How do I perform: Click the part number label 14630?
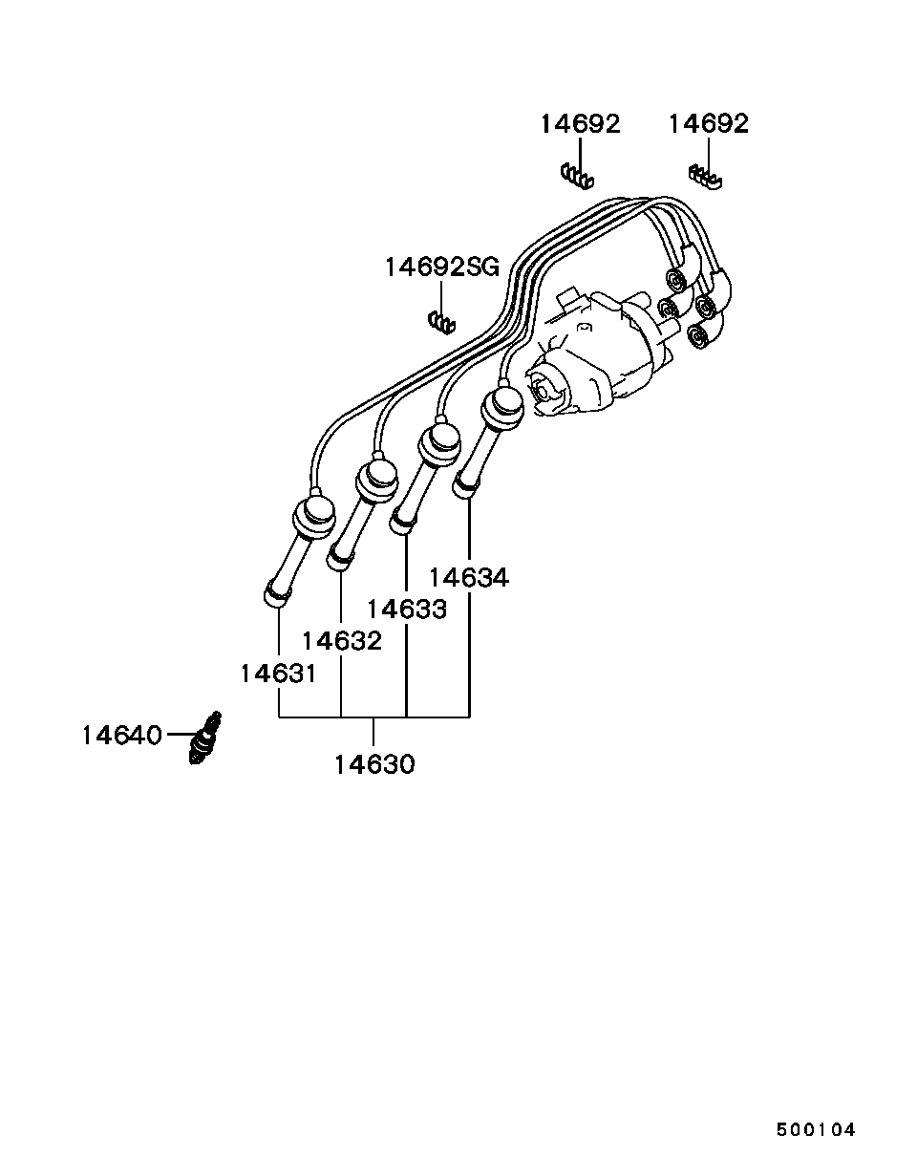(374, 764)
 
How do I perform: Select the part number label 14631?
(277, 673)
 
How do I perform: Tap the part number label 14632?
(341, 640)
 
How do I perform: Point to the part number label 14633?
(406, 609)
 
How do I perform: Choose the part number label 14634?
(468, 577)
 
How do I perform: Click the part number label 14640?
(121, 735)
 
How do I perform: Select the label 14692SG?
(441, 267)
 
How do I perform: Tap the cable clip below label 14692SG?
(440, 322)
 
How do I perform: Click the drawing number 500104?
(815, 1129)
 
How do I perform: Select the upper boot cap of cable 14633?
(440, 442)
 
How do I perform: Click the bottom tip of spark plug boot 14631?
(275, 596)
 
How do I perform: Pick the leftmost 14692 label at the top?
(580, 123)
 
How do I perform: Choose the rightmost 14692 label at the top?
(708, 123)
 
